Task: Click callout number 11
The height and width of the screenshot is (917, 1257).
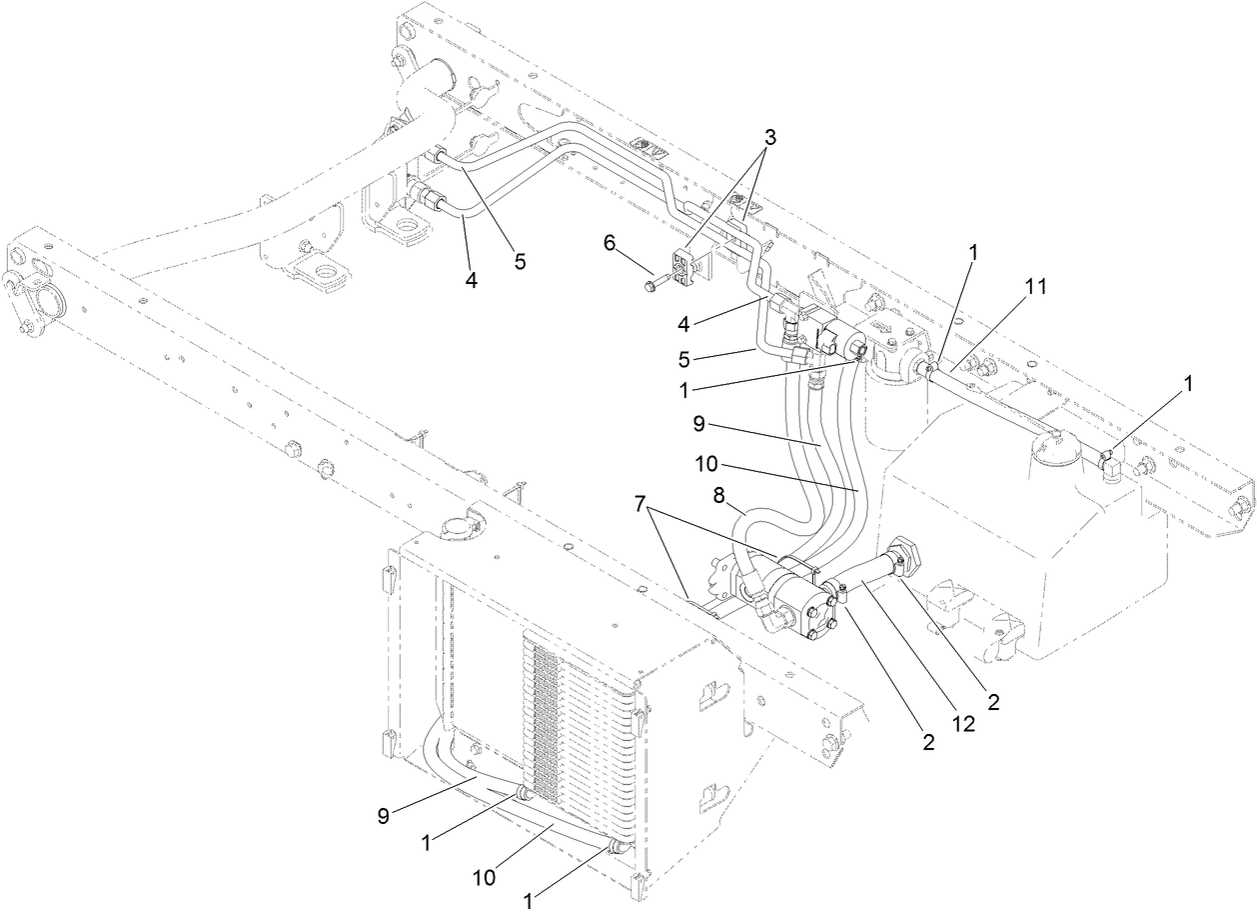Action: coord(1035,286)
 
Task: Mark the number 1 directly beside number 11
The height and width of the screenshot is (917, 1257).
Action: coord(973,252)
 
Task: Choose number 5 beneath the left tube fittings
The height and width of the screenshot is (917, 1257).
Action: coord(519,261)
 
